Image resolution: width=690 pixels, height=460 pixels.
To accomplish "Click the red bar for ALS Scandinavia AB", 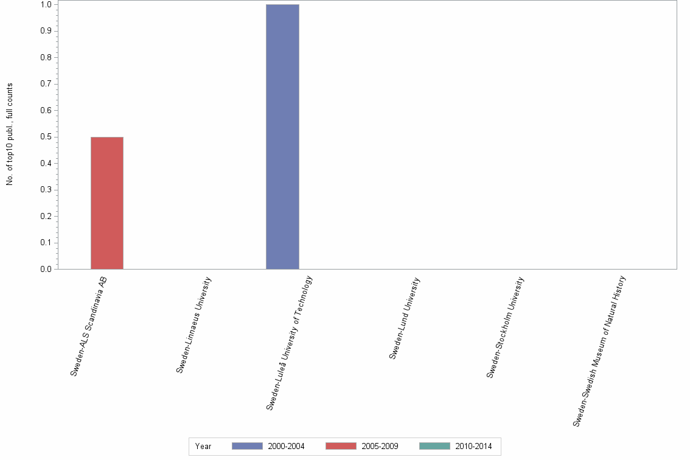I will click(x=107, y=203).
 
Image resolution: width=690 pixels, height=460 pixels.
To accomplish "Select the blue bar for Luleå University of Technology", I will click(x=282, y=136).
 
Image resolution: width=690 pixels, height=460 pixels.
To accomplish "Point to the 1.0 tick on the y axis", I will click(x=46, y=5).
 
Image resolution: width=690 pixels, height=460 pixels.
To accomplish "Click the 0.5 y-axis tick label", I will click(x=46, y=137).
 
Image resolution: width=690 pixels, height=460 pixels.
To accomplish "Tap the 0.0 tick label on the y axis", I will click(x=46, y=269).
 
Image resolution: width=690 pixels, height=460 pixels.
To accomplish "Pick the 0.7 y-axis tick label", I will click(x=46, y=84).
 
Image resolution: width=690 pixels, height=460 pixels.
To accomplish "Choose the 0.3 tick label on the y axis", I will click(x=46, y=190).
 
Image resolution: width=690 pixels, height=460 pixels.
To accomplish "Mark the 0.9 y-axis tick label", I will click(x=46, y=31).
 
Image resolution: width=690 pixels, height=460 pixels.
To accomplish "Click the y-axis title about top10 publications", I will click(x=10, y=134).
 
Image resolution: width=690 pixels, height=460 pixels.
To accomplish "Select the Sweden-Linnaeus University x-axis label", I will click(x=194, y=324).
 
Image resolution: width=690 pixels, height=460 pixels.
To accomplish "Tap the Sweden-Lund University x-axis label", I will click(x=405, y=318).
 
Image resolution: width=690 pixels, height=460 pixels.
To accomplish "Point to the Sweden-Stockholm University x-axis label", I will click(x=505, y=327).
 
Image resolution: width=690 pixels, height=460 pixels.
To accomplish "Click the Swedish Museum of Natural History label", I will click(x=599, y=350).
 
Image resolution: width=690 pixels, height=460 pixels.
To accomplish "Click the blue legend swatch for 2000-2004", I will click(x=247, y=446).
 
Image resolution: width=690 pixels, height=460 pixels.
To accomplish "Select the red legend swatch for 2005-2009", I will click(x=341, y=446).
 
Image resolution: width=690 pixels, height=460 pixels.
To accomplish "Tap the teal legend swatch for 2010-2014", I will click(x=434, y=446).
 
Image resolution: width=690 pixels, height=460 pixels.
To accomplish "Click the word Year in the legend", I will click(x=203, y=447).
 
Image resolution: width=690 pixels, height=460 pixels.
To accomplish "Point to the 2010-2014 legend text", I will click(x=473, y=447).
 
